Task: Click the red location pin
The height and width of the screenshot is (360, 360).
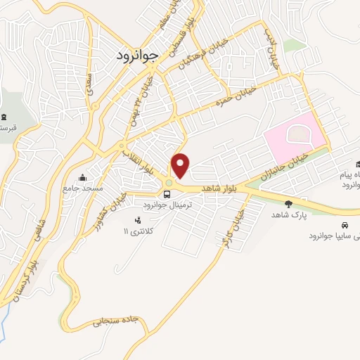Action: coord(181,165)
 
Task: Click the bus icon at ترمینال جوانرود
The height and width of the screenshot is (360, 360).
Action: coord(167,195)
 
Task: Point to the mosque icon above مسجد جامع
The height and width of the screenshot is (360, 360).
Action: coord(84,176)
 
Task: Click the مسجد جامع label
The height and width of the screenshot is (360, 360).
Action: coord(83,188)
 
